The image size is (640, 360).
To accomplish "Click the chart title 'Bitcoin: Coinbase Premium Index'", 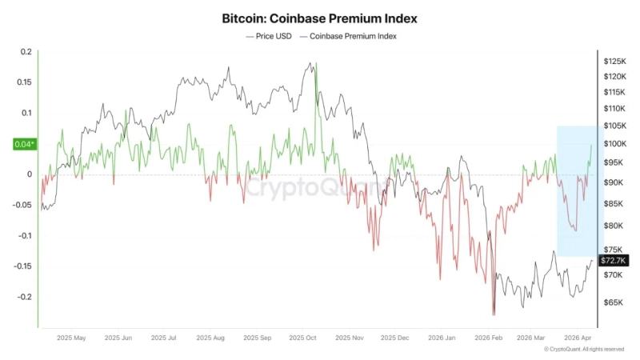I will [x=319, y=17].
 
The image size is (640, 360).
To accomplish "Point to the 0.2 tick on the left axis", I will [x=26, y=52].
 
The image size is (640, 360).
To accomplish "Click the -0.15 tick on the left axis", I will [x=22, y=266].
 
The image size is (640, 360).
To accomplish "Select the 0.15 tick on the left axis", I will [x=23, y=82].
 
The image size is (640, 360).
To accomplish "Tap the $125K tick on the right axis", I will [x=614, y=62].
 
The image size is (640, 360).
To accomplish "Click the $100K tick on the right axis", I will [x=614, y=144].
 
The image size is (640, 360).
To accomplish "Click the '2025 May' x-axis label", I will [x=71, y=338].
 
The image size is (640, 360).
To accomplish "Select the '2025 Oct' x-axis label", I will [x=303, y=338].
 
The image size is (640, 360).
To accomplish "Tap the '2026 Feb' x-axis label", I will [x=488, y=338].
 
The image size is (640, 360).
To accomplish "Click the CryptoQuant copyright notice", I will [x=583, y=350].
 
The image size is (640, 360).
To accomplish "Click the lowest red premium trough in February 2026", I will [x=494, y=314].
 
